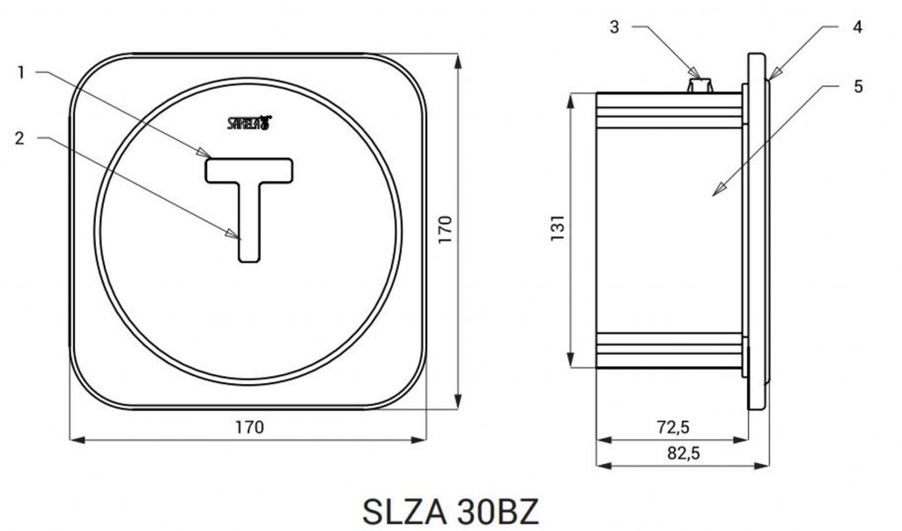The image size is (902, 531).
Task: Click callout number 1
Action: [21, 73]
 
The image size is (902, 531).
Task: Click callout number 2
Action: [20, 138]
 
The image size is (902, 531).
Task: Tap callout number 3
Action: [614, 27]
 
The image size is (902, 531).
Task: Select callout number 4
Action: [857, 27]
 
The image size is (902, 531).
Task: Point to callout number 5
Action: [858, 87]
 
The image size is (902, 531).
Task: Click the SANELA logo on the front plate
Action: [249, 122]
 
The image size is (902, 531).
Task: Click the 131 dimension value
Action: [558, 228]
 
